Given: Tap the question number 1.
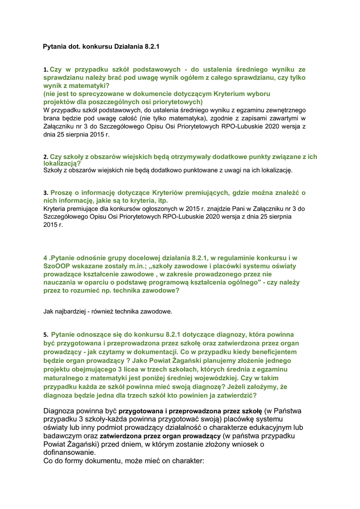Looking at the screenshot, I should pos(45,70).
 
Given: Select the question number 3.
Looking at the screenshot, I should pos(45,192).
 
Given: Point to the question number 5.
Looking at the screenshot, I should pos(45,335).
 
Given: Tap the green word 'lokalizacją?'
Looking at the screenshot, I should pos(62,163).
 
